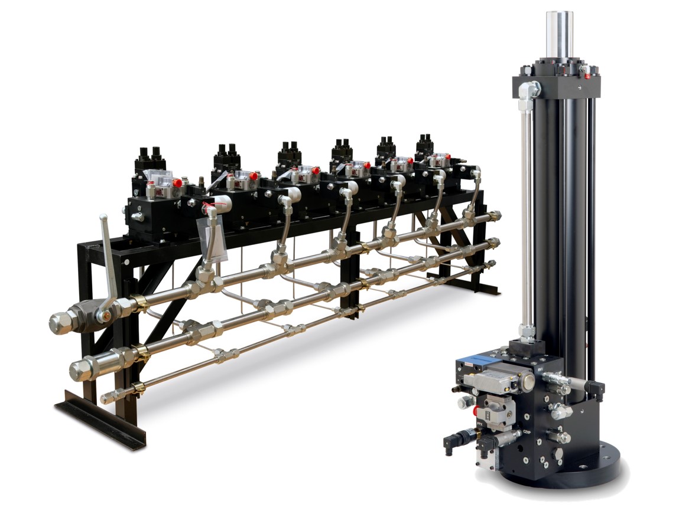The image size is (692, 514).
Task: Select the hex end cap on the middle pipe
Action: [82, 368]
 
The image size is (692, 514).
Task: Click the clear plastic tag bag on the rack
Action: [214, 238]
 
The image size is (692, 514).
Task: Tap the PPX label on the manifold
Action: [480, 424]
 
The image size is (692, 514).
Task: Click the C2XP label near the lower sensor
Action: [527, 436]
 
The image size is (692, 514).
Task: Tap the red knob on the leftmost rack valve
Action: [177, 183]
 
